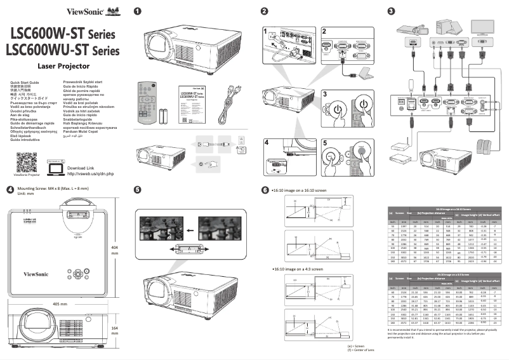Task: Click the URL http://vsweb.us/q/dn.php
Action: pos(90,173)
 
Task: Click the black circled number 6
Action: pos(265,190)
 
